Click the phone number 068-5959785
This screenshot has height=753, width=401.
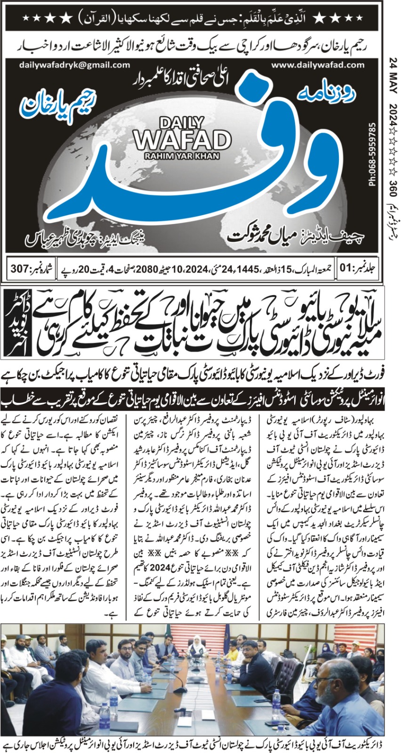(x=373, y=155)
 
